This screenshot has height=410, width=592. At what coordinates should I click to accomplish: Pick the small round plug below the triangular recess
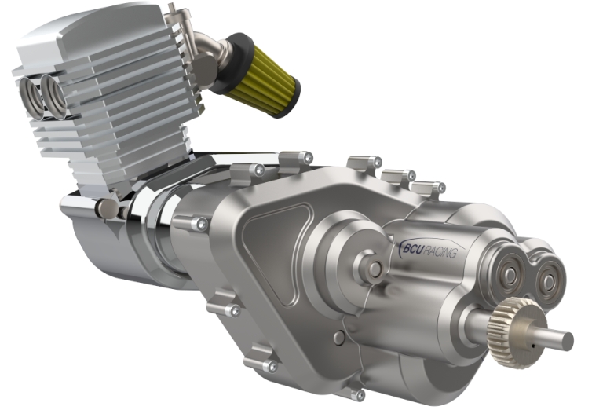(338, 337)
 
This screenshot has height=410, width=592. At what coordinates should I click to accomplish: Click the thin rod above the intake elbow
(177, 16)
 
